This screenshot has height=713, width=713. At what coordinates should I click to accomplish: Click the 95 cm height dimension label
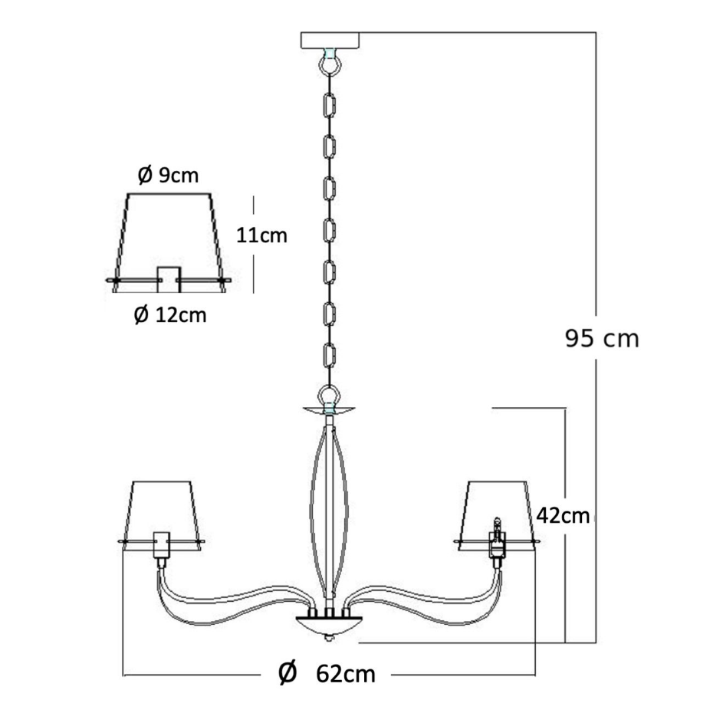[x=602, y=339]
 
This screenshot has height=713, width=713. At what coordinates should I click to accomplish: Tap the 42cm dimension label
[x=563, y=516]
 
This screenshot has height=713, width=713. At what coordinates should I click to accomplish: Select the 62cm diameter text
[x=346, y=675]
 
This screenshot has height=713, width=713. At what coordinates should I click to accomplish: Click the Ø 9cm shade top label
[x=168, y=176]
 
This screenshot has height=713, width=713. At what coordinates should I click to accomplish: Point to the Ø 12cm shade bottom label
[x=170, y=314]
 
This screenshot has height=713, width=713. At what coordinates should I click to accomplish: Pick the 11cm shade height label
[x=261, y=235]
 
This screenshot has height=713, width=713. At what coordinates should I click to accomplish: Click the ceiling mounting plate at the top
[x=330, y=40]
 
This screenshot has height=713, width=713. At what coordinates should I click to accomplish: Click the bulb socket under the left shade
[x=161, y=545]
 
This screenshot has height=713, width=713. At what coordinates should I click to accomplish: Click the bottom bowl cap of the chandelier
[x=329, y=626]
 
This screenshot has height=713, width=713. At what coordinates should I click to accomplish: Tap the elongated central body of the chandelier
[x=329, y=509]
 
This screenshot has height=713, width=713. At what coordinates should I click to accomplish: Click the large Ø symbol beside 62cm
[x=287, y=672]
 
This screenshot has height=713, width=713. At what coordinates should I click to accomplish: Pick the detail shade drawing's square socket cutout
[x=169, y=279]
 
